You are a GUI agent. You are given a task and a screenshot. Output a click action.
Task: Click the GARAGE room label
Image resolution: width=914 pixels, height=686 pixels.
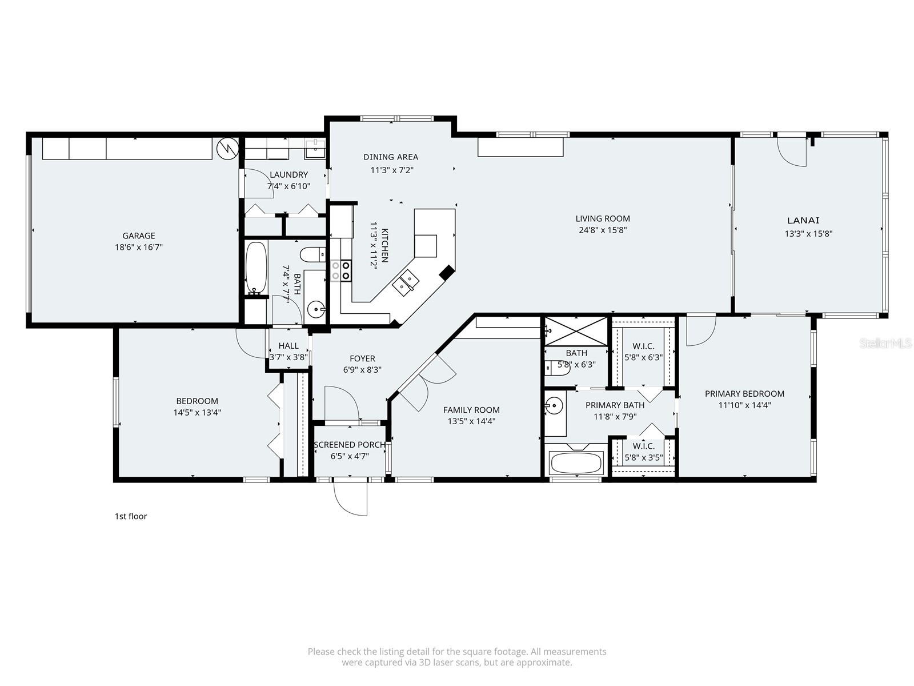(138, 236)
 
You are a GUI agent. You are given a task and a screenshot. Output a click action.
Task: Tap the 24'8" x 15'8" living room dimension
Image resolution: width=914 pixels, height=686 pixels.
(603, 230)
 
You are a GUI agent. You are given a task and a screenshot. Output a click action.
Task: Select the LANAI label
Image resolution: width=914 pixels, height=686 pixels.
(803, 220)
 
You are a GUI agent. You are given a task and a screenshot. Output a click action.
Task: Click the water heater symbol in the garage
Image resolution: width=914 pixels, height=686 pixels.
(227, 149)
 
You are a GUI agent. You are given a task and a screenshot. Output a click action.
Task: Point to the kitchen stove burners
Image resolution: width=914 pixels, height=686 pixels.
(340, 270)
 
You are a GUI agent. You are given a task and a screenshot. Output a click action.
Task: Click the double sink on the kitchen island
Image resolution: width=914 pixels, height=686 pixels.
(406, 282)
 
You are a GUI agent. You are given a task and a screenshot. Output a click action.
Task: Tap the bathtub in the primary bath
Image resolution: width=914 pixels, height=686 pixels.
(576, 462)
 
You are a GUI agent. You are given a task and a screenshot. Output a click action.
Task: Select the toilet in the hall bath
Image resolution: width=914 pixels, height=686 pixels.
(312, 254)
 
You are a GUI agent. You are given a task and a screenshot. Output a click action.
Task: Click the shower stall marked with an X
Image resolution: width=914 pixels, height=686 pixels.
(576, 331)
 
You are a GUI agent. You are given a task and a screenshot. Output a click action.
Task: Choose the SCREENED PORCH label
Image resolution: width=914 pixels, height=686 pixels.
(350, 445)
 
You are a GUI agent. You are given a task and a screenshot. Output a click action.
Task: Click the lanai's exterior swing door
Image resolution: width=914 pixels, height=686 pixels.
(792, 152)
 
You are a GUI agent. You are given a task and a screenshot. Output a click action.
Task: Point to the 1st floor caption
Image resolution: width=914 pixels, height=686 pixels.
(131, 516)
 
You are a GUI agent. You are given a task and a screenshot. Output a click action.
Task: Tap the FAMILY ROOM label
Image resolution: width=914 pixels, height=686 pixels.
(471, 410)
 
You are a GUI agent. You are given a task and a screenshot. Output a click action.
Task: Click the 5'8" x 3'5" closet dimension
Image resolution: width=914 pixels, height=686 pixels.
(643, 457)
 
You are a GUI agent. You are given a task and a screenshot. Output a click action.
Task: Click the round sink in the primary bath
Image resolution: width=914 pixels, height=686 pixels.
(553, 407)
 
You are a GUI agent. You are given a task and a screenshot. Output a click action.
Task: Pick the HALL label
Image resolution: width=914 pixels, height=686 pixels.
(288, 346)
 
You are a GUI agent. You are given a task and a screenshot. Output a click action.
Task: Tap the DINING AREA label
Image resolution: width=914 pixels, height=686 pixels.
(391, 157)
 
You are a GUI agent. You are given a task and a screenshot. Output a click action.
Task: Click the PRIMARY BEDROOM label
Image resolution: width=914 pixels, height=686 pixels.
(744, 393)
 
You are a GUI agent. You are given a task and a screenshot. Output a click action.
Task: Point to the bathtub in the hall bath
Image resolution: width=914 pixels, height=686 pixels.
(256, 267)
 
